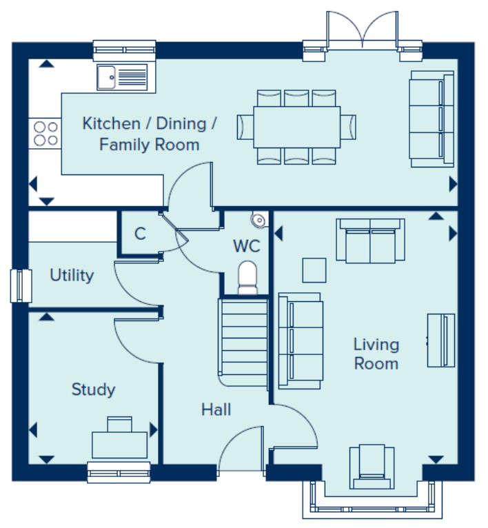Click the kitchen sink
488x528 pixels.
[122, 77]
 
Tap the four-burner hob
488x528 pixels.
[45, 133]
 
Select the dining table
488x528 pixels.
[296, 127]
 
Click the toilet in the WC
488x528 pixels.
[247, 278]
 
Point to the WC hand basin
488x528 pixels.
[259, 220]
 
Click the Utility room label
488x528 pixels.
[72, 275]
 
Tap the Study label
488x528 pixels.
[93, 390]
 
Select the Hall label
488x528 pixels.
[216, 410]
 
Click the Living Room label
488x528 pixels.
[376, 354]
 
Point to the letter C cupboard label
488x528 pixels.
[140, 234]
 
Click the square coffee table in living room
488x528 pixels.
[314, 270]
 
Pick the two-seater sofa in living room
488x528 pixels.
[370, 241]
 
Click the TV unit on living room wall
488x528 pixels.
[441, 340]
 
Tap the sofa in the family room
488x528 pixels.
[431, 119]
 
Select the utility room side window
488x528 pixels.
[21, 285]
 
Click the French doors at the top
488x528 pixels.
[363, 31]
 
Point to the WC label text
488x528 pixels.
[247, 246]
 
